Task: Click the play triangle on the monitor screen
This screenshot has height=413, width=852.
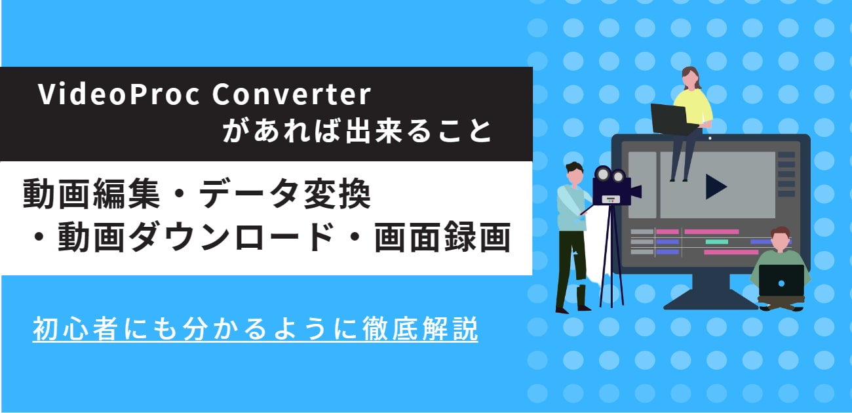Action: click(715, 187)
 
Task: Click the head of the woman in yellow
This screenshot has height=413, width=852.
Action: click(690, 78)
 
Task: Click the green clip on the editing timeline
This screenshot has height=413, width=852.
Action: click(716, 241)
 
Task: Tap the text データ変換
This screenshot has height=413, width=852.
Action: click(285, 195)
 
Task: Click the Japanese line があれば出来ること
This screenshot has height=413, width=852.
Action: click(357, 132)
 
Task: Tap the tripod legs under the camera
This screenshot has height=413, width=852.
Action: click(610, 262)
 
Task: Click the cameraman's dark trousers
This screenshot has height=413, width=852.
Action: click(566, 269)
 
